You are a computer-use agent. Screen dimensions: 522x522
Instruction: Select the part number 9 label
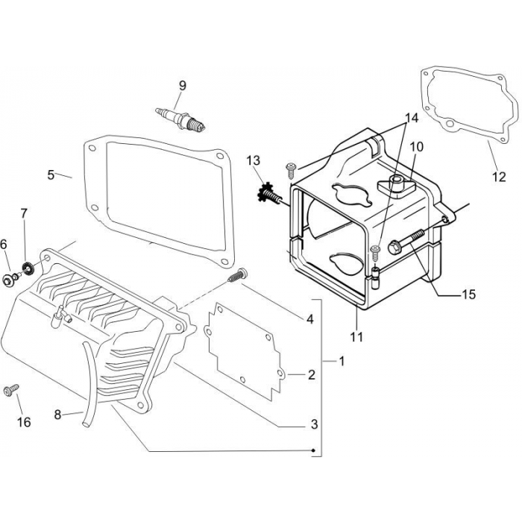[181, 86]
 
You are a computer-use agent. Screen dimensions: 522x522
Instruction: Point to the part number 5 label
[51, 174]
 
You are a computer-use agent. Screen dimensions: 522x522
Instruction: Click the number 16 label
[24, 422]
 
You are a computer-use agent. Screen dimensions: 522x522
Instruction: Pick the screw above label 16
[12, 390]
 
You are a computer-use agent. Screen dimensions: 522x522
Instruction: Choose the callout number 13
[254, 160]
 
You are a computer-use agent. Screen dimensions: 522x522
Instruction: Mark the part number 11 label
[356, 336]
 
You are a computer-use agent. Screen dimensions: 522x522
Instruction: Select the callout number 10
[416, 147]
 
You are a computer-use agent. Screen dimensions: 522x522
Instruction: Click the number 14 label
[412, 118]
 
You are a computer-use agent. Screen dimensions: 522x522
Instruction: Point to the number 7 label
[24, 214]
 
